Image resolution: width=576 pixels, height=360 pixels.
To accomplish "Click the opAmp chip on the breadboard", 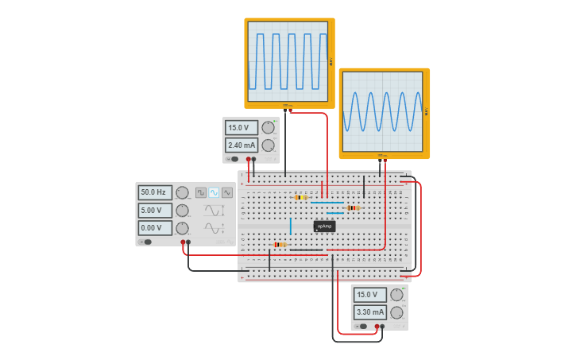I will [x=324, y=226].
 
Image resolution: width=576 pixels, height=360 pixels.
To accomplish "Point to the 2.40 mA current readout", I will [x=242, y=145].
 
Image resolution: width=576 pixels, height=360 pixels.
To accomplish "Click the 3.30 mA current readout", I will [x=370, y=312].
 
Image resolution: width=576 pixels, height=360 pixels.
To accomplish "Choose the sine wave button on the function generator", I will [x=214, y=192].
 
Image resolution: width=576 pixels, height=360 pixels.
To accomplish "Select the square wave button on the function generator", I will [x=201, y=192].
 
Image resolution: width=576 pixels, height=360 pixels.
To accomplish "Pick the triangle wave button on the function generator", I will [x=227, y=192].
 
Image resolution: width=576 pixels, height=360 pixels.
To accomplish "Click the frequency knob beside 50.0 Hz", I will [x=182, y=192].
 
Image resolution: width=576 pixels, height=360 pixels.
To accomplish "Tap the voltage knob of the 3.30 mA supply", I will [x=396, y=295].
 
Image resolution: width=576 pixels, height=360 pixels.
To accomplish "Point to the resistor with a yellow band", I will [x=300, y=197].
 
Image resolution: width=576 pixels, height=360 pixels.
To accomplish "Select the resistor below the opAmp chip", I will [x=280, y=245].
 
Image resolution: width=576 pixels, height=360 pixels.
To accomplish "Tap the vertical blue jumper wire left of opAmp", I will [x=291, y=226].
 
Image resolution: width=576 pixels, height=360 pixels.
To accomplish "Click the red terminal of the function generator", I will [x=183, y=242].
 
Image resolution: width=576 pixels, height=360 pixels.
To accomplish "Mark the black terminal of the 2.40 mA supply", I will [x=254, y=159].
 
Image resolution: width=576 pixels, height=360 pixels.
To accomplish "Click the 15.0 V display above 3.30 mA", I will [x=370, y=295].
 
